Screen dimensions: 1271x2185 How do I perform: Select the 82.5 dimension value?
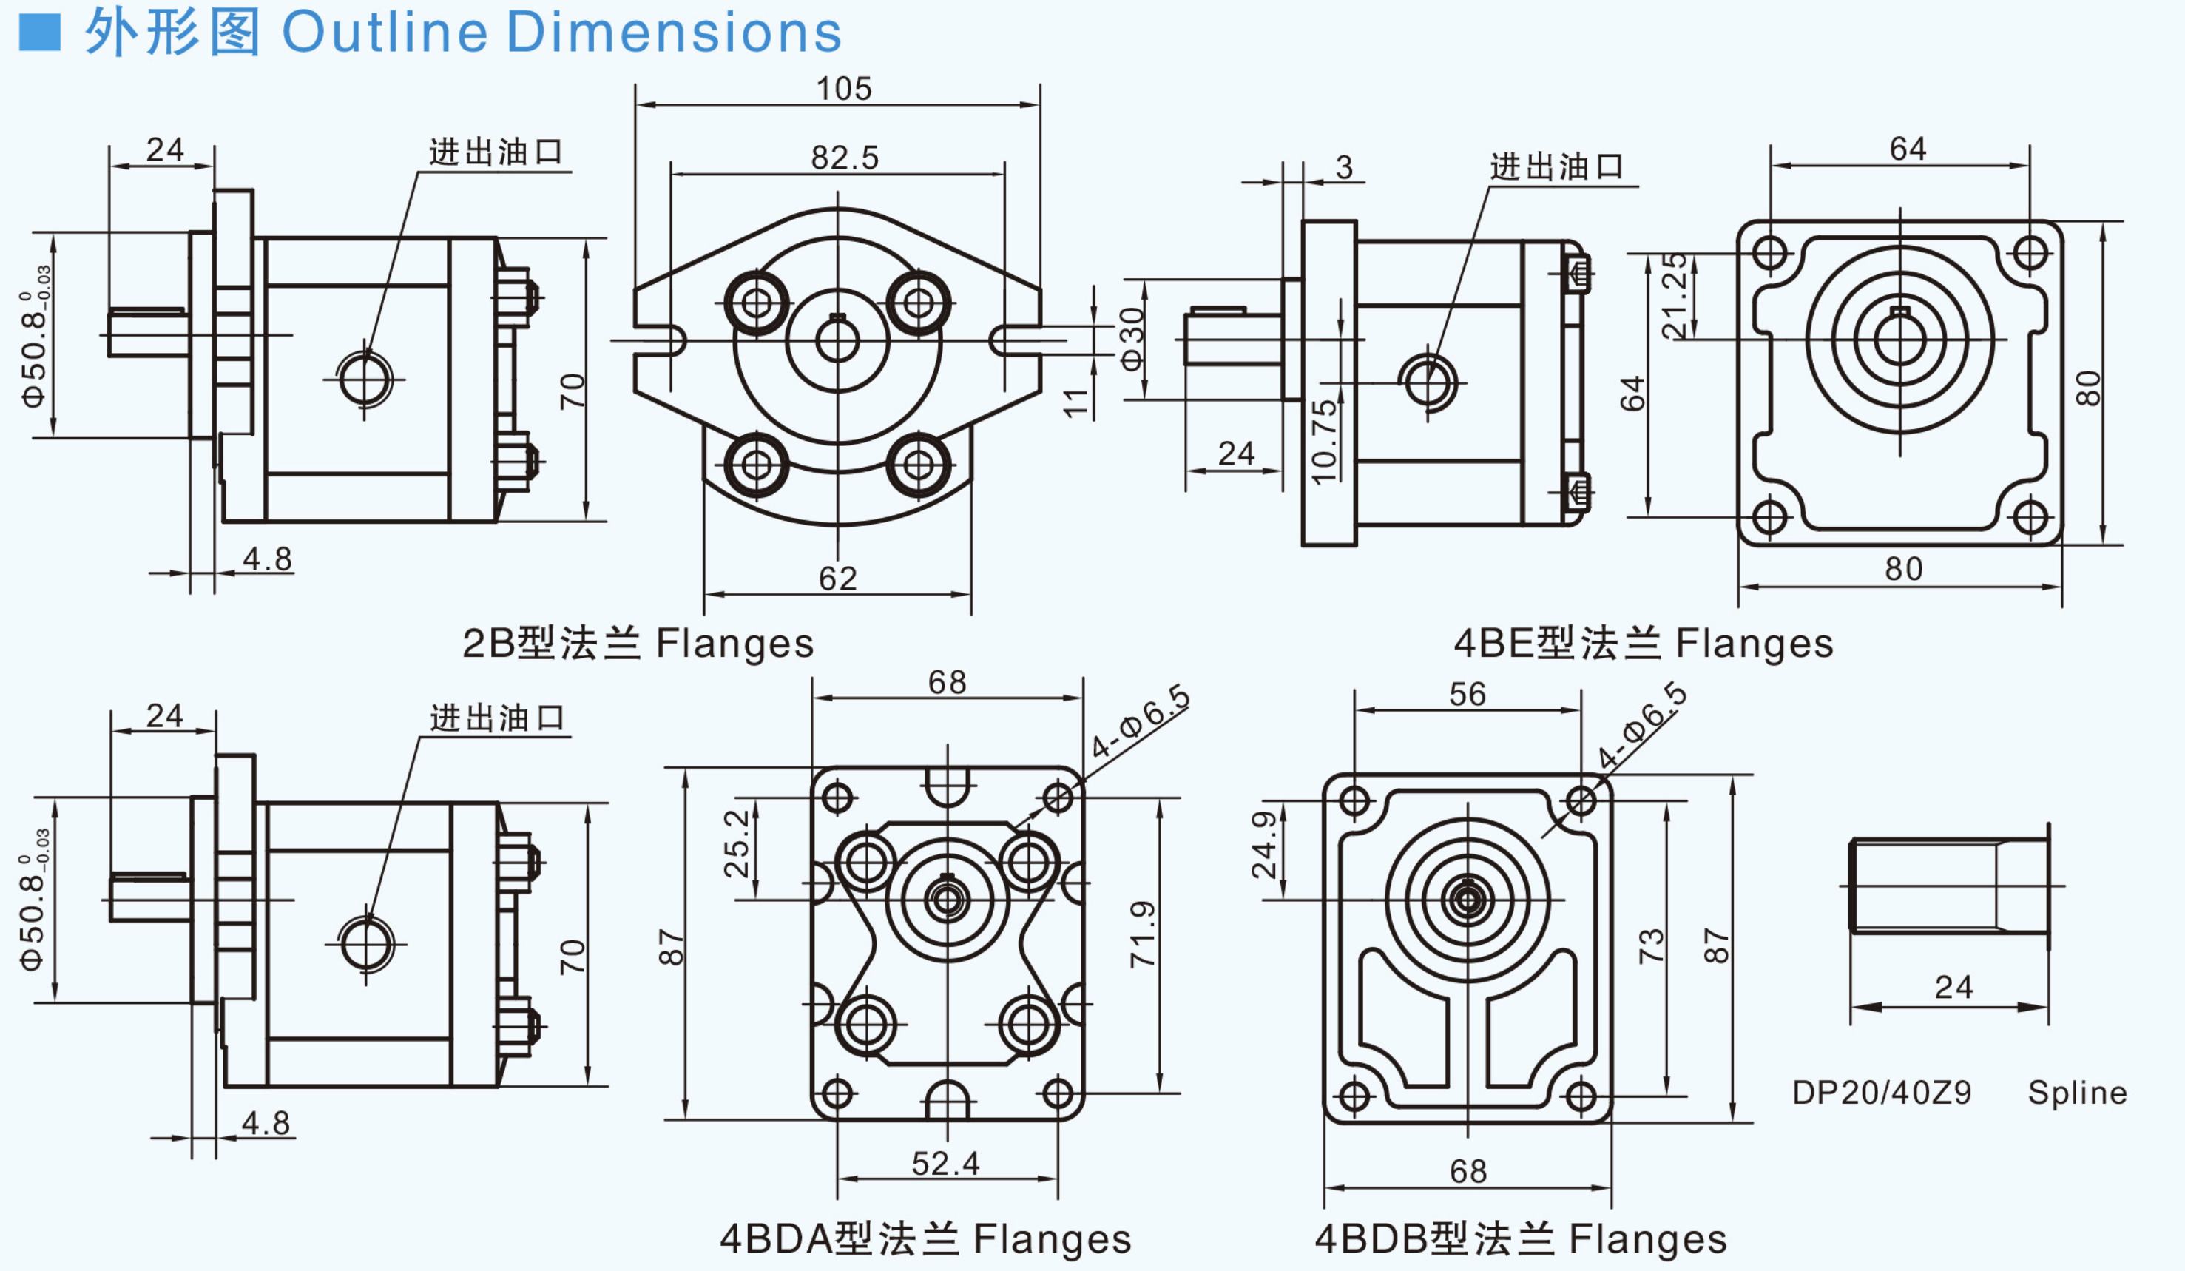tap(845, 158)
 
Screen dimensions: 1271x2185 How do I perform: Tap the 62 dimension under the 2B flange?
tap(837, 579)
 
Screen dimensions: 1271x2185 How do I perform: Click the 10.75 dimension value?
tap(1324, 442)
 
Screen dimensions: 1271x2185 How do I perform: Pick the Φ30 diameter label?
tap(1132, 339)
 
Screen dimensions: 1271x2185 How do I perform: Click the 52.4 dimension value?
tap(945, 1163)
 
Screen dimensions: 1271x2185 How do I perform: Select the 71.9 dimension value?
tap(1143, 934)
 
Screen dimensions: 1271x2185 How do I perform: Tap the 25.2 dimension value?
tap(736, 843)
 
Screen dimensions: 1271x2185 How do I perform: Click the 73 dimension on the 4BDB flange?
tap(1651, 945)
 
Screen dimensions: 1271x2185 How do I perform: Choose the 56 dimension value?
tap(1467, 694)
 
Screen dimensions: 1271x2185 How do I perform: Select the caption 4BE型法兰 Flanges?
tap(1643, 644)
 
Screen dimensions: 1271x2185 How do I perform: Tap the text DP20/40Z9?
tap(1882, 1093)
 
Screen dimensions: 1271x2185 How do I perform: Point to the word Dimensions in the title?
tap(673, 33)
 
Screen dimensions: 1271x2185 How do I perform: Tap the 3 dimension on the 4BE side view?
tap(1344, 166)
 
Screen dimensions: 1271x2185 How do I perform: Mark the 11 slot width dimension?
tap(1075, 402)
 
